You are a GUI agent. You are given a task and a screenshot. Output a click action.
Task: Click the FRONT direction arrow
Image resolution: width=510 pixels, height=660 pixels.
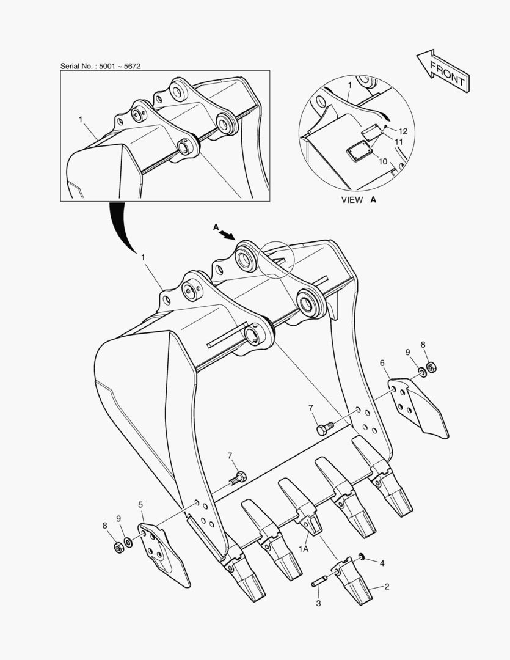click(x=443, y=70)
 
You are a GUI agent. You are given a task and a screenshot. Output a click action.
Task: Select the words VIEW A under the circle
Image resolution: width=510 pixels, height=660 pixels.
click(x=359, y=200)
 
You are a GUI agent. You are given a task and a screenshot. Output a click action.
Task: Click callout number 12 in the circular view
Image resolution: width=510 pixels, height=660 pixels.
click(x=403, y=131)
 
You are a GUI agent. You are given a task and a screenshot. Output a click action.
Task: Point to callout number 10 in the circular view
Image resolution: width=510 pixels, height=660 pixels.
click(x=382, y=161)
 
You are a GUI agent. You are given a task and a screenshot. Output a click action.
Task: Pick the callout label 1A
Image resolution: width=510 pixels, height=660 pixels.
click(x=304, y=548)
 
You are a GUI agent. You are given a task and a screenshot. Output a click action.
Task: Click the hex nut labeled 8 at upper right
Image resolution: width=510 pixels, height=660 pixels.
click(x=431, y=367)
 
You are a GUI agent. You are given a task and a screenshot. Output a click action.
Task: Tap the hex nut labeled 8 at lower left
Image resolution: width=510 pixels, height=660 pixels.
click(x=119, y=548)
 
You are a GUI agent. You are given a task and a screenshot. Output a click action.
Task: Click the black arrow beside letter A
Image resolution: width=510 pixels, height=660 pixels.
click(x=228, y=234)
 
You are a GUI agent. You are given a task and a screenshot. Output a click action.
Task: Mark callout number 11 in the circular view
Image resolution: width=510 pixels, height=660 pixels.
click(x=398, y=141)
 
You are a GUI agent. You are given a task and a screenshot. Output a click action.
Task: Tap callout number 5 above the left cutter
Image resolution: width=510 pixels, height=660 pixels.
click(x=140, y=504)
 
